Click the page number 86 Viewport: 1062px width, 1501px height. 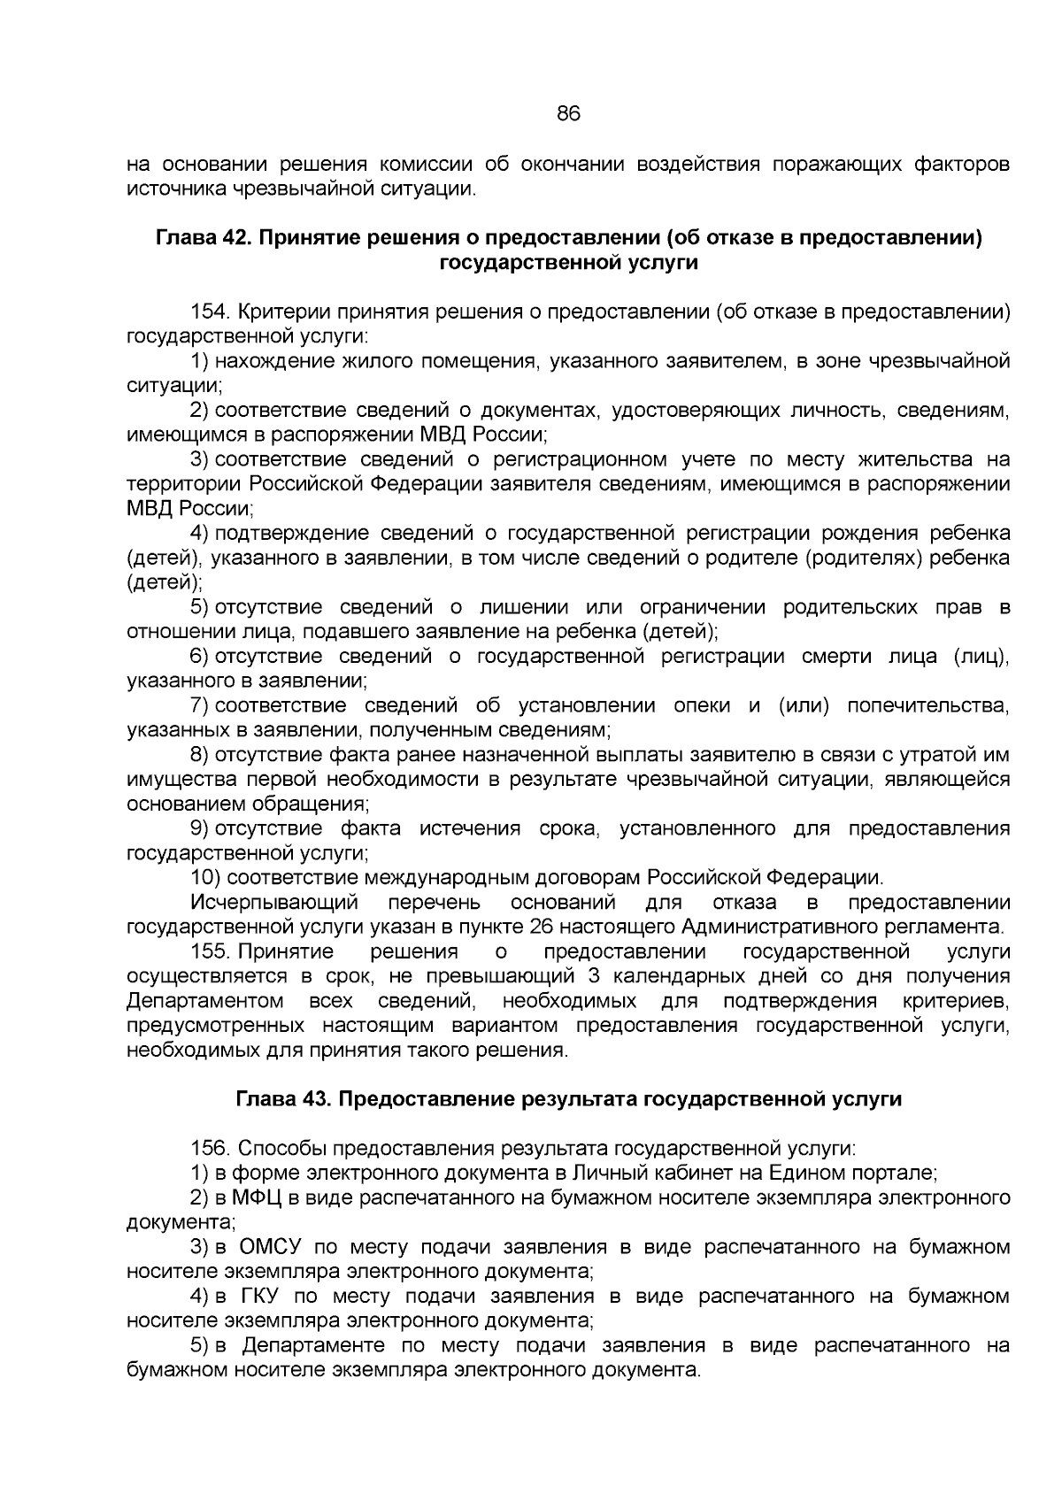click(568, 114)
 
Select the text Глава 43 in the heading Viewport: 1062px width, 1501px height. click(281, 1099)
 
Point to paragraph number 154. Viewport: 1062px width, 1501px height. click(211, 312)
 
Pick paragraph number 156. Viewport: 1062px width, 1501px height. click(211, 1149)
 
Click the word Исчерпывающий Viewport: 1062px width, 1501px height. click(273, 903)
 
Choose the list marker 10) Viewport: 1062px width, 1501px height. click(206, 878)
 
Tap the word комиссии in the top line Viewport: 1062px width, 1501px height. click(423, 165)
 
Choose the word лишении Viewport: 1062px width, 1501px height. click(524, 608)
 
